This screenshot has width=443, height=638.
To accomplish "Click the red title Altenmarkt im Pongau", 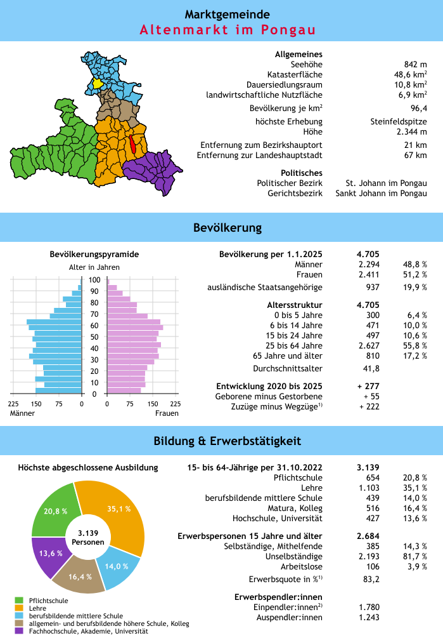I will click(228, 30).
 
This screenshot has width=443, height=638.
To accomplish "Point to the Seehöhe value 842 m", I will click(415, 64).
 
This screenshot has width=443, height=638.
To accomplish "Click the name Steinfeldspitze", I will click(399, 121).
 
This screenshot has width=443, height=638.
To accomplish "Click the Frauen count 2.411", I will click(368, 274).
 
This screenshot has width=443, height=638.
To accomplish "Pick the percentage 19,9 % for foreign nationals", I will click(414, 288).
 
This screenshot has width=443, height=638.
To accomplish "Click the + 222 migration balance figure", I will click(369, 406).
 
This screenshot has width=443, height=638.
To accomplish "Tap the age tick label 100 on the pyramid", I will click(94, 279).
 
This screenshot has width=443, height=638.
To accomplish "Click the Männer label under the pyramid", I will click(22, 413).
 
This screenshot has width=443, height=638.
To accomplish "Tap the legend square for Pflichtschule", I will click(19, 600).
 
